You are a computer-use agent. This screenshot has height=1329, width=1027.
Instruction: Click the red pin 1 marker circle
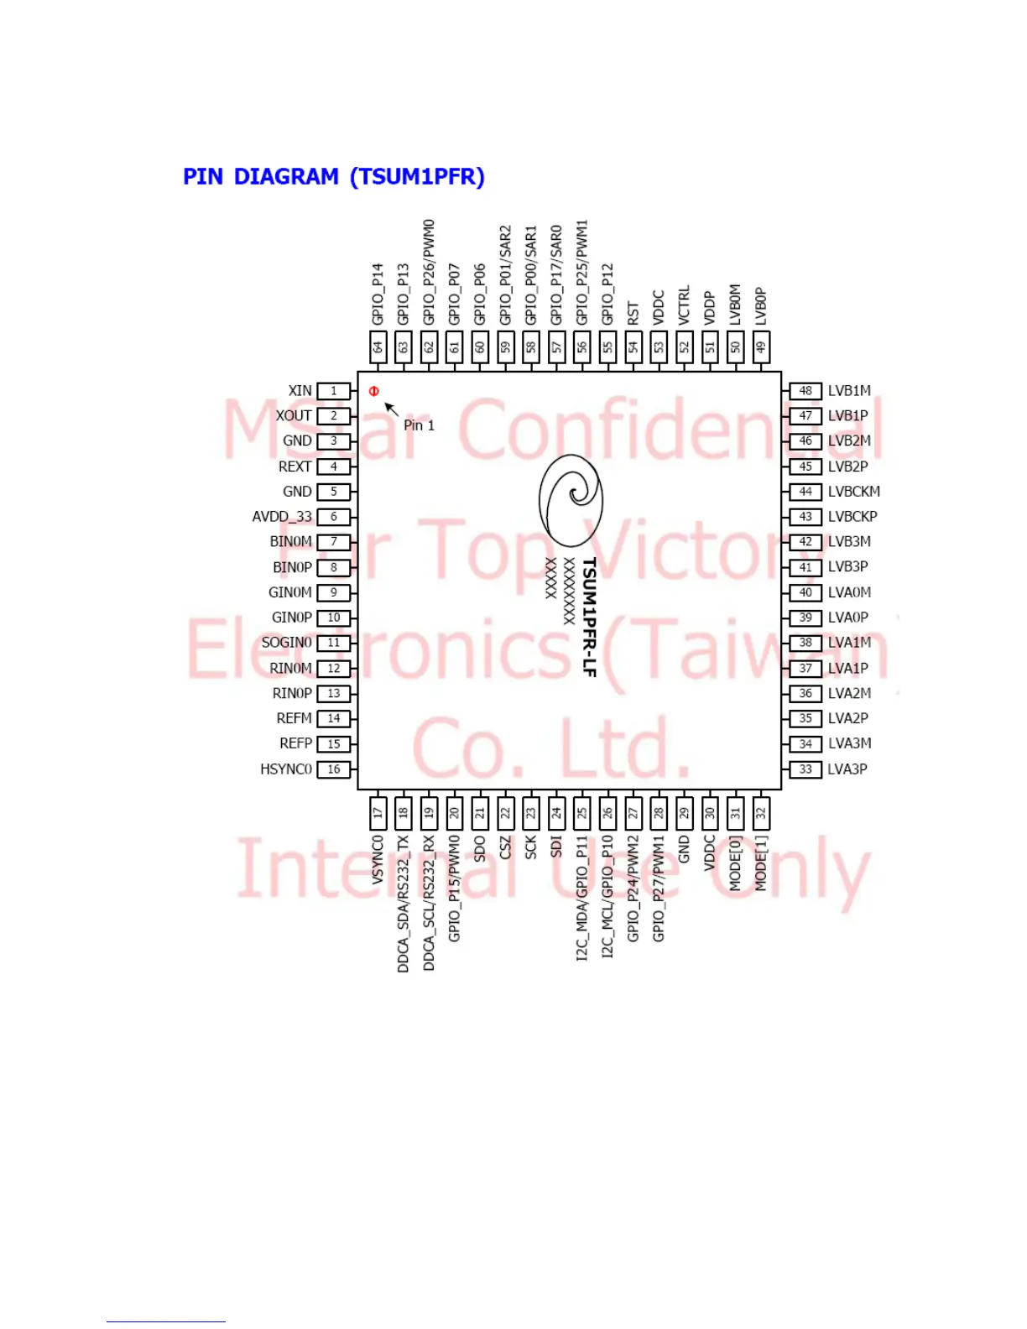tap(374, 391)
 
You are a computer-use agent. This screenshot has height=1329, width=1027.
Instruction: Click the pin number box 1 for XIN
tap(333, 391)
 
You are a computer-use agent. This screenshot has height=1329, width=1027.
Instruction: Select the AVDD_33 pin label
tap(282, 517)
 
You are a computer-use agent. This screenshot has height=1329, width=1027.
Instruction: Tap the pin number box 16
tap(333, 769)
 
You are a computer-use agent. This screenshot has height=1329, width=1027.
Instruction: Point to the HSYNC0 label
tap(286, 769)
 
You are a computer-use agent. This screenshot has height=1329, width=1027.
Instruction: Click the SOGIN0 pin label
tap(287, 643)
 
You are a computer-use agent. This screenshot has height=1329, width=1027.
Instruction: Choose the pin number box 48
tap(805, 391)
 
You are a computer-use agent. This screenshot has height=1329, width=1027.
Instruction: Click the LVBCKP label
tap(852, 517)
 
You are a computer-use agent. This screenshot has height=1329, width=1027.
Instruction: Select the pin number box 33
tap(805, 769)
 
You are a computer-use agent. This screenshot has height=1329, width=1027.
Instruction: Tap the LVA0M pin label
tap(849, 592)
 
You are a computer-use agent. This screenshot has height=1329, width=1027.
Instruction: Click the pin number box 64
tap(378, 347)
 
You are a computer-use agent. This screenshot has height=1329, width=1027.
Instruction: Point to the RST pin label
tap(633, 314)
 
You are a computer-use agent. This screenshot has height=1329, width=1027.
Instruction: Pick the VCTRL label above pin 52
tap(685, 305)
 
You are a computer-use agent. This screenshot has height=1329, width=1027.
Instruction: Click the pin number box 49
tap(761, 347)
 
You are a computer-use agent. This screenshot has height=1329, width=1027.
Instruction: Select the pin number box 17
tap(378, 812)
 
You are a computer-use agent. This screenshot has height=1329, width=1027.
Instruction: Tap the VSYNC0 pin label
tap(378, 859)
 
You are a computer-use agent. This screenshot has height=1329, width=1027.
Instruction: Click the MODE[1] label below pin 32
tap(761, 863)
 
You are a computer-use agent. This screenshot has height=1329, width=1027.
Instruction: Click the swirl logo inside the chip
tap(571, 500)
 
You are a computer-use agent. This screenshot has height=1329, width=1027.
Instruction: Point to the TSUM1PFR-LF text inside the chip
tap(589, 617)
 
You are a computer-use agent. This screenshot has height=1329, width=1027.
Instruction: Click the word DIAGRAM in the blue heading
tap(286, 177)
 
